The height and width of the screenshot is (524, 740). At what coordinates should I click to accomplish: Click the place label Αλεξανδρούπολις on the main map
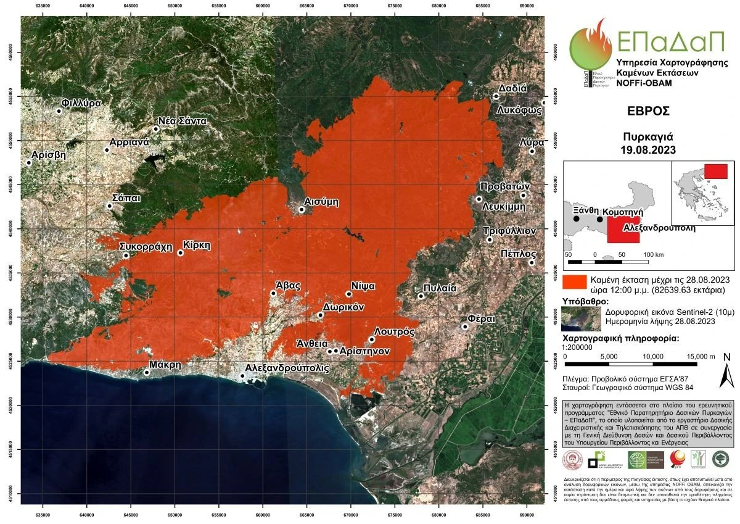pyautogui.click(x=287, y=367)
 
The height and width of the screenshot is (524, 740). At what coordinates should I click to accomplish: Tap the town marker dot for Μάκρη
pyautogui.click(x=147, y=372)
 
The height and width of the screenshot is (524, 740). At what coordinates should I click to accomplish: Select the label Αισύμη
pyautogui.click(x=322, y=202)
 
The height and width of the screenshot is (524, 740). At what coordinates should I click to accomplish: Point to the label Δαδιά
pyautogui.click(x=513, y=88)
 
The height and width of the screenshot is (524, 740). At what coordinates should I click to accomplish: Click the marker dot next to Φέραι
pyautogui.click(x=465, y=326)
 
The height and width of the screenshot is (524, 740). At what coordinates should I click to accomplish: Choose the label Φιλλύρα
pyautogui.click(x=81, y=103)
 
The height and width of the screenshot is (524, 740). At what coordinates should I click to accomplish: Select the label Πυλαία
pyautogui.click(x=440, y=288)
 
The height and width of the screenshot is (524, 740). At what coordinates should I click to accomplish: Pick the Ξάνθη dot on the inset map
pyautogui.click(x=576, y=219)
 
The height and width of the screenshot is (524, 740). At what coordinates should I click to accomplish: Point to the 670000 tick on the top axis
pyautogui.click(x=350, y=7)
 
